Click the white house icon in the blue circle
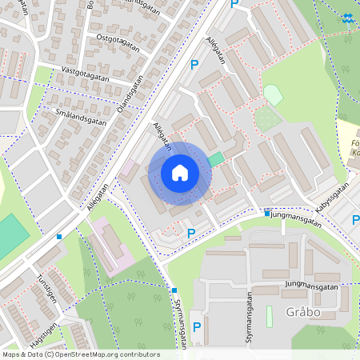click(179, 173)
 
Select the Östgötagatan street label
click(118, 42)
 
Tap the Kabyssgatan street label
click(333, 197)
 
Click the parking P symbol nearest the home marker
click(190, 234)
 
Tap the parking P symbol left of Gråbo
click(196, 326)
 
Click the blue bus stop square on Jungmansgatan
click(267, 213)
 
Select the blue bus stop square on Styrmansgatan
click(174, 290)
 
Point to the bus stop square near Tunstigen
click(59, 236)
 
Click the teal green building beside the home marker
click(215, 159)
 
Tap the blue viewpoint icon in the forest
click(346, 18)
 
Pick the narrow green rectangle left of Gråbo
click(269, 316)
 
